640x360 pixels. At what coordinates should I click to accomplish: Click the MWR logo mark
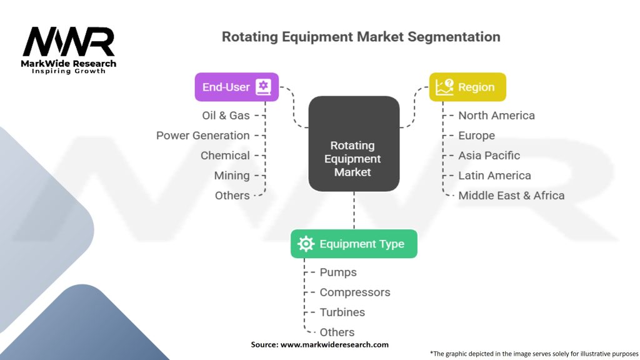coord(69,42)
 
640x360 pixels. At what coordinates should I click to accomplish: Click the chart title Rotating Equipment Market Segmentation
coord(361,37)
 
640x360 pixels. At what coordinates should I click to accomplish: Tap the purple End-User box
coord(237,87)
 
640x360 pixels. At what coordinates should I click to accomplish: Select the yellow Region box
coord(467,87)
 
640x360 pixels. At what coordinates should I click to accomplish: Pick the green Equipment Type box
coord(354,244)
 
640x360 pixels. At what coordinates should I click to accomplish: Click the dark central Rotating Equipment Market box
coord(354,144)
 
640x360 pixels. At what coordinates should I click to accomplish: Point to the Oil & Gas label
coord(226,116)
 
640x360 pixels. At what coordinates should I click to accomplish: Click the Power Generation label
coord(203,136)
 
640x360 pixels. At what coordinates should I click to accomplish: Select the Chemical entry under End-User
coord(225,156)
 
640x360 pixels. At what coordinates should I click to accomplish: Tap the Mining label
coord(232,176)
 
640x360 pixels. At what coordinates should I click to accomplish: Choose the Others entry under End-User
coord(232,196)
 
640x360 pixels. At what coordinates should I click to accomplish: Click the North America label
coord(496,116)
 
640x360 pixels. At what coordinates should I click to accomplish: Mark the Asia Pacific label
coord(489,156)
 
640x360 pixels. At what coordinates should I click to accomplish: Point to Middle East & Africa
coord(511,196)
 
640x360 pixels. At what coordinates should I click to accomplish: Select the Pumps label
coord(338,272)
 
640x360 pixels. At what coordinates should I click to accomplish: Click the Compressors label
coord(355,292)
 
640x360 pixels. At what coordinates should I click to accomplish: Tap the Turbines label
coord(342,312)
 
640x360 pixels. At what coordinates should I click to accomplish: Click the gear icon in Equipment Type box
coord(306,244)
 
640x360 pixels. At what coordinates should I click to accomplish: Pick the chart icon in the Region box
coord(444,87)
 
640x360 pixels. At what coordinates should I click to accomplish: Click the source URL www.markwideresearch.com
coord(334,344)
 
